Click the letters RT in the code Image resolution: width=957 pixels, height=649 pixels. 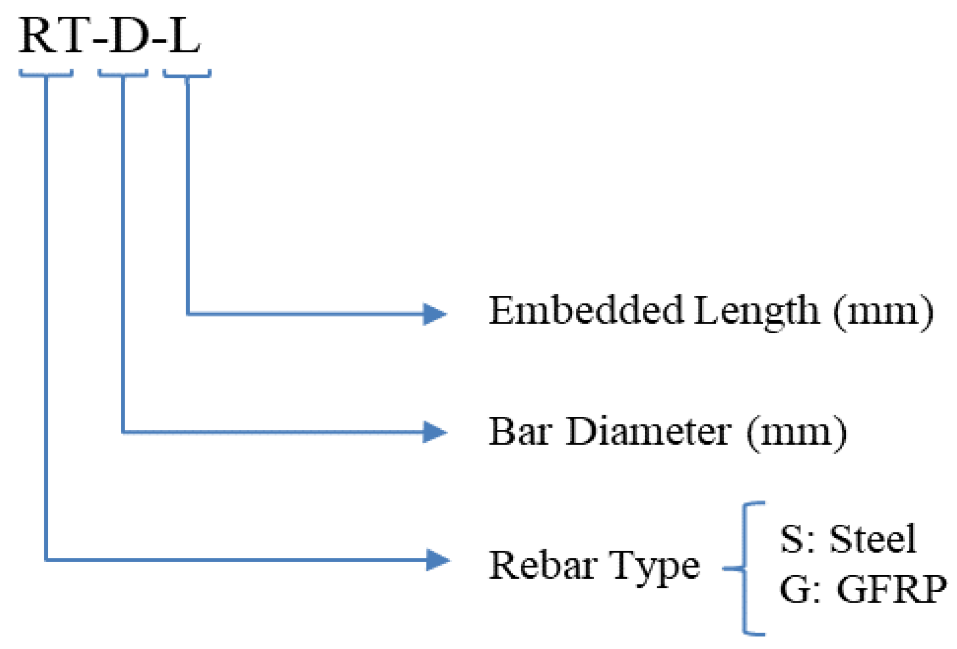click(x=54, y=36)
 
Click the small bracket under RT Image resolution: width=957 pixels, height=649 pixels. click(x=46, y=74)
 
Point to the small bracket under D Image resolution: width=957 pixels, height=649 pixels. click(x=123, y=74)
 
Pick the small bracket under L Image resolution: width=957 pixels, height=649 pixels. click(x=187, y=75)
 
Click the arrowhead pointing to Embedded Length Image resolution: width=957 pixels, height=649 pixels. click(x=435, y=314)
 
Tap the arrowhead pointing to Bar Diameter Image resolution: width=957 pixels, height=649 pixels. click(x=435, y=432)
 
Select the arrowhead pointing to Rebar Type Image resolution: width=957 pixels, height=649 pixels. click(x=437, y=560)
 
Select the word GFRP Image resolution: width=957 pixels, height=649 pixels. click(x=891, y=589)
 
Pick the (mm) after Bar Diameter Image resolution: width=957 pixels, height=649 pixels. click(x=797, y=432)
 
